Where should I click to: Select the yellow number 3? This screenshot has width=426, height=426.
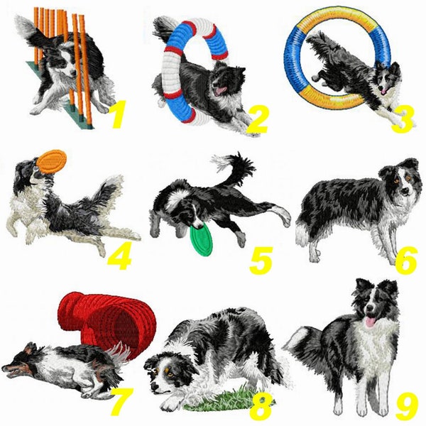[403, 120]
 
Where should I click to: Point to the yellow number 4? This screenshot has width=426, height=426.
[119, 258]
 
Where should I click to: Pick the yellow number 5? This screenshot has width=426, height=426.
[261, 261]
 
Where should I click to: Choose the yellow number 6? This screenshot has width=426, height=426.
[406, 261]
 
